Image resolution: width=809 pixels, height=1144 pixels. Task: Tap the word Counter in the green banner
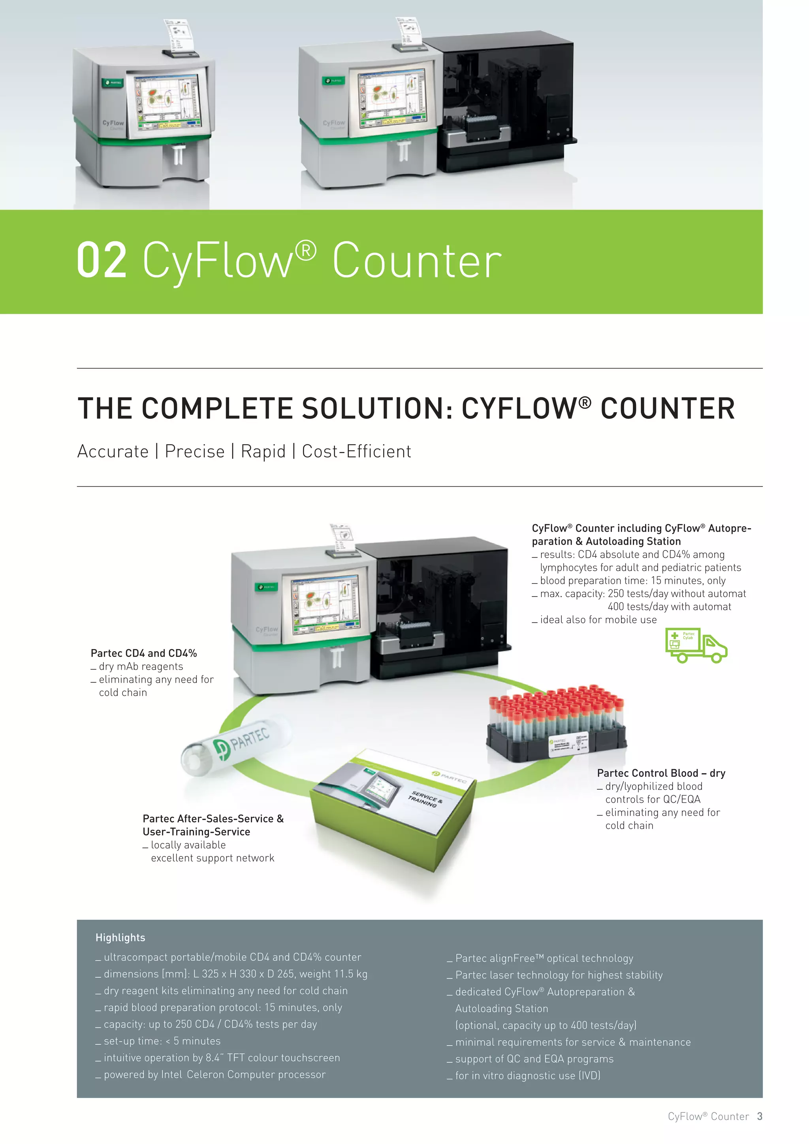(416, 260)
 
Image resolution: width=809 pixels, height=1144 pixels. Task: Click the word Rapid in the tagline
(263, 452)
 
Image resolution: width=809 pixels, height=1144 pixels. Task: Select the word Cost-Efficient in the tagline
(356, 452)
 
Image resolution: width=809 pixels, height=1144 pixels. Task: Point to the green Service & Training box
(393, 811)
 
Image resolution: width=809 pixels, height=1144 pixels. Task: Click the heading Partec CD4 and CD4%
(143, 653)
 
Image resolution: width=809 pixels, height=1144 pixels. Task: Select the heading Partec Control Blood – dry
(660, 773)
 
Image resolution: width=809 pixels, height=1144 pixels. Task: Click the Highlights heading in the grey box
(120, 938)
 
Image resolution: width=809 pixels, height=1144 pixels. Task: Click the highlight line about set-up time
(162, 1041)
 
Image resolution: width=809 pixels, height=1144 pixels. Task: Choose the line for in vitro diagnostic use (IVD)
(527, 1076)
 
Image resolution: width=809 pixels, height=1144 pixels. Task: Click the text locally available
(188, 845)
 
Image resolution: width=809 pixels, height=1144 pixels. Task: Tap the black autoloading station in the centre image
(438, 608)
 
